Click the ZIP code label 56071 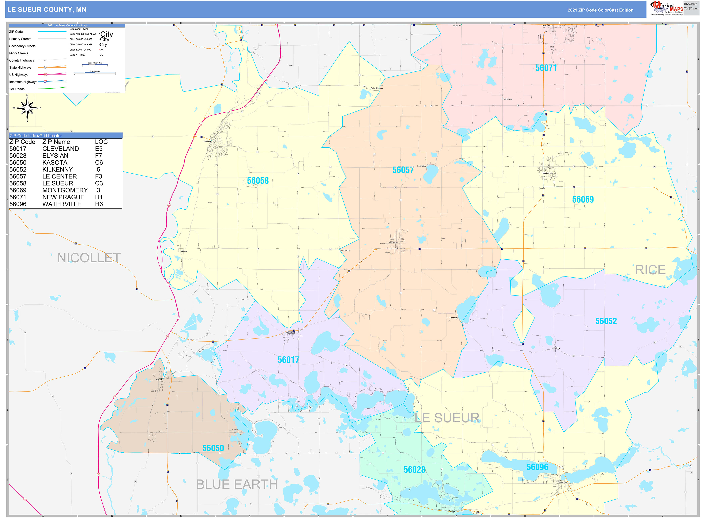pos(546,68)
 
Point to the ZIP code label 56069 pos(583,199)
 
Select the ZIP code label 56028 pos(414,470)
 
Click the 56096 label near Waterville pos(537,467)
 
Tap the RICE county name pos(650,270)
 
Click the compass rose pos(27,108)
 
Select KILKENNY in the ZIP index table pos(57,169)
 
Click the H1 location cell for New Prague pos(99,197)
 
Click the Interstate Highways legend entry pos(23,82)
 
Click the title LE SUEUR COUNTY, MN pos(47,10)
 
